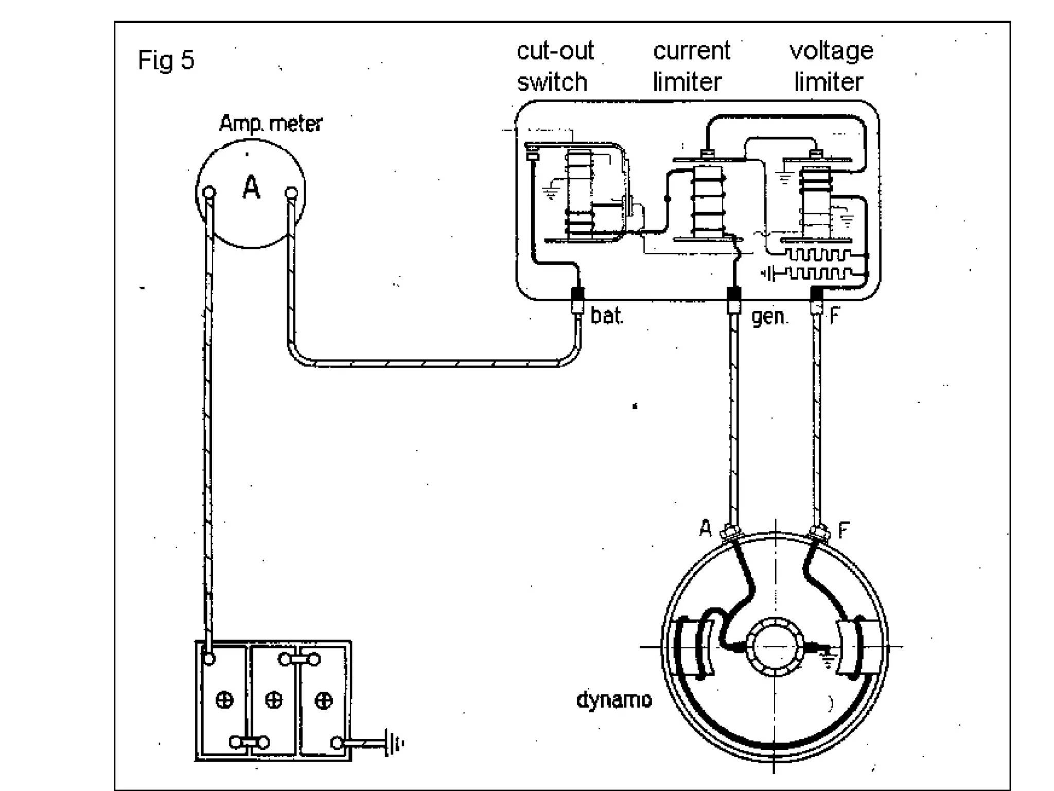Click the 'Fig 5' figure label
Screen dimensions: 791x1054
pos(166,60)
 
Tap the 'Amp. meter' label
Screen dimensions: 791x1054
pos(271,124)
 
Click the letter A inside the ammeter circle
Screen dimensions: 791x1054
pos(251,187)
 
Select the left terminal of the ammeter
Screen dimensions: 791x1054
pos(209,193)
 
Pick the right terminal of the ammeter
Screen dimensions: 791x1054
pos(291,194)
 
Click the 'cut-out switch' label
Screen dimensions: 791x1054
pos(554,66)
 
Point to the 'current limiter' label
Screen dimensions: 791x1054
pos(691,66)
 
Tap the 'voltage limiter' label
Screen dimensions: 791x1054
pos(830,66)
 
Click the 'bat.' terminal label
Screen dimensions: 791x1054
pos(607,316)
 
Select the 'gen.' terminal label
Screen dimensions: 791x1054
pos(769,316)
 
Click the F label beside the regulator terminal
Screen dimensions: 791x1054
pos(834,315)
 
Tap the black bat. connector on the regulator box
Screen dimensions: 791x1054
pos(578,296)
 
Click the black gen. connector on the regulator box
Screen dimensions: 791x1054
pos(734,295)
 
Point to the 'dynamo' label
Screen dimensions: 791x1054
pos(614,700)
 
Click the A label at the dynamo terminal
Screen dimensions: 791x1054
pos(705,528)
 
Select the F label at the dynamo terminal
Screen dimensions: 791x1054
pos(844,529)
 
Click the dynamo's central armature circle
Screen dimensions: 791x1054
pos(775,646)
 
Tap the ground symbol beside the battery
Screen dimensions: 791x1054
pos(393,744)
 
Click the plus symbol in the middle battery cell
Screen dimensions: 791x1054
pos(273,700)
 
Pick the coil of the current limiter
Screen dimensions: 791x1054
pos(708,201)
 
